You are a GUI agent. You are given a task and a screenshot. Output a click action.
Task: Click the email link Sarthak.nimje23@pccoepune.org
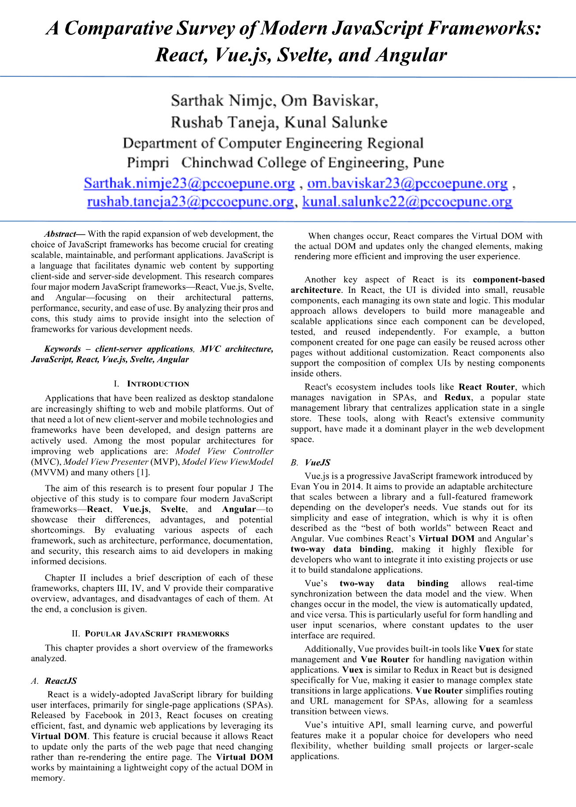(189, 183)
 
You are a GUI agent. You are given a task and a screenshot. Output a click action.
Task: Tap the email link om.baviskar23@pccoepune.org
(407, 183)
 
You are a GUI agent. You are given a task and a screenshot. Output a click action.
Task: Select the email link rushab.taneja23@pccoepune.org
(190, 202)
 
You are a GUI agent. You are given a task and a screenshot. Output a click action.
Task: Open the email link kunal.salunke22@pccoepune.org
(407, 202)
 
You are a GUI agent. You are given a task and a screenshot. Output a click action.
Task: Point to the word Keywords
(63, 349)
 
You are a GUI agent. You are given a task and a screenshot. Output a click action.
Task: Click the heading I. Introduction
(151, 384)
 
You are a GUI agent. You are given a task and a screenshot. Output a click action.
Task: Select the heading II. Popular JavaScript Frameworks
(151, 634)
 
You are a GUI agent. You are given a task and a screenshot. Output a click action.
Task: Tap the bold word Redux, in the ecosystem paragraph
(458, 397)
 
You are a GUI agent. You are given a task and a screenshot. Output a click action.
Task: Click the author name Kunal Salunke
(335, 122)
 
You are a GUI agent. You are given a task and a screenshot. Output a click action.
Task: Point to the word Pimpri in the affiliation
(148, 163)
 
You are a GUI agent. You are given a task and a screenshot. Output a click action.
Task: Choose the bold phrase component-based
(508, 280)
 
